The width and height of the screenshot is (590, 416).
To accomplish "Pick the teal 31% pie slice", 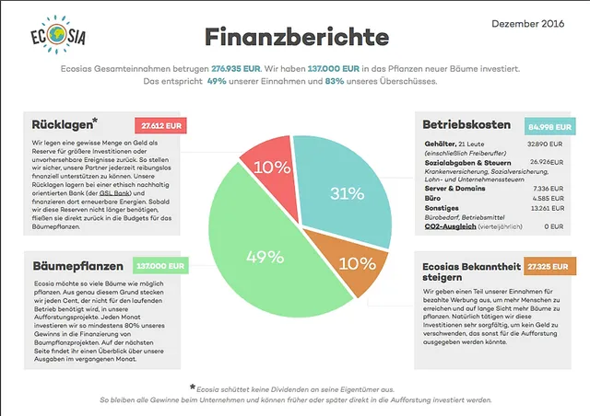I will (346, 195).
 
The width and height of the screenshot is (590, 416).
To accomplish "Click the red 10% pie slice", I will (271, 168).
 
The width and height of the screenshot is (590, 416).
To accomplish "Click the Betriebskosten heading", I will (466, 124).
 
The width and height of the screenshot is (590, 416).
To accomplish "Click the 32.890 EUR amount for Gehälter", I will (544, 144).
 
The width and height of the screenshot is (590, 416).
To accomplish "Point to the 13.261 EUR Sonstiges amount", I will (544, 207).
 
